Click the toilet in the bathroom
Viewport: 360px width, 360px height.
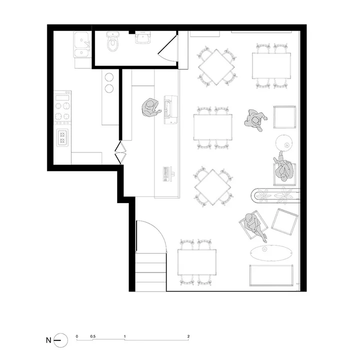tap(113, 41)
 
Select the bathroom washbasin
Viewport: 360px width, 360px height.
tap(143, 37)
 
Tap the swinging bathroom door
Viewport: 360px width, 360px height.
tap(167, 48)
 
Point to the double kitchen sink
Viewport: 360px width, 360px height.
tap(81, 44)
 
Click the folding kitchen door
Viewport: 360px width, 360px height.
tap(120, 152)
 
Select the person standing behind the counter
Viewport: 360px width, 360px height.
tap(151, 108)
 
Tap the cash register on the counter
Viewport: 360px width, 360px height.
tap(170, 109)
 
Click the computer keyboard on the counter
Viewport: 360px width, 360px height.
tap(165, 174)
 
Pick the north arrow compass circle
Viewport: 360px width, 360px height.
tap(61, 340)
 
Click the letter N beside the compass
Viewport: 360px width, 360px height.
tap(48, 340)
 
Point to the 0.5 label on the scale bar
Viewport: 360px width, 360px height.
tap(93, 336)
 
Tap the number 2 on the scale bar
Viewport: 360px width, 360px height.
tap(188, 336)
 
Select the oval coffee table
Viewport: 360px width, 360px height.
tap(271, 253)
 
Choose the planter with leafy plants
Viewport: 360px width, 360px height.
tap(275, 195)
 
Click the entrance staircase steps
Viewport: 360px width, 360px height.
tap(151, 272)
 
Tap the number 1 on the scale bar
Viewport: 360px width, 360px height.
tap(124, 336)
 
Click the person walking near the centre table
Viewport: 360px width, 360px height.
tap(255, 119)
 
